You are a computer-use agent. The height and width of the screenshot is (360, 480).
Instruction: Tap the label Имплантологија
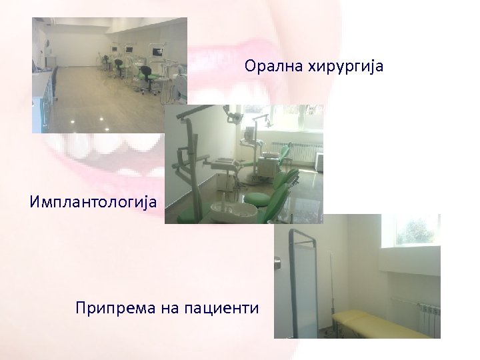pos(93,201)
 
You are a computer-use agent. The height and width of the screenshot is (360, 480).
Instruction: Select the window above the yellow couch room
pos(417,231)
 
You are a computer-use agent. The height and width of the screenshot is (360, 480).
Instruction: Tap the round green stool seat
pos(259,199)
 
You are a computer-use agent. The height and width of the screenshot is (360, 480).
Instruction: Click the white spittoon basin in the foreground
pos(233,212)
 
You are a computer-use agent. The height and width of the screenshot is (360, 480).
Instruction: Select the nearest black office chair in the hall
pos(119,67)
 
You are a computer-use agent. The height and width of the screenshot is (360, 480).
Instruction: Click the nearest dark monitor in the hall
pos(158,51)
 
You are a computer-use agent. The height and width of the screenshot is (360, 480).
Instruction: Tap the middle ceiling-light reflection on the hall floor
pos(102,119)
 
